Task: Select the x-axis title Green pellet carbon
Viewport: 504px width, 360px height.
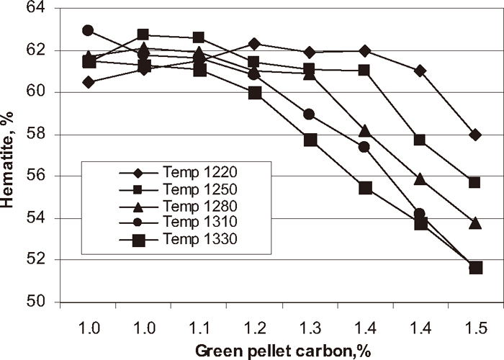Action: [x=281, y=349]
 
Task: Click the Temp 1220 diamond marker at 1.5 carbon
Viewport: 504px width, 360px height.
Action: [x=474, y=135]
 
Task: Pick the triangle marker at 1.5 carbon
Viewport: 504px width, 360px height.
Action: [x=474, y=223]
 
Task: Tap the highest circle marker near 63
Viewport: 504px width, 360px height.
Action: [x=89, y=30]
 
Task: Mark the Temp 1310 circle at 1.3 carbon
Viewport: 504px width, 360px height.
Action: [x=310, y=114]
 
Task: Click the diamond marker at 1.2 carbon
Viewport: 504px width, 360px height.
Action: [x=255, y=44]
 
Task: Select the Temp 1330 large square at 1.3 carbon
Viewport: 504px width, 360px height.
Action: [x=310, y=140]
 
